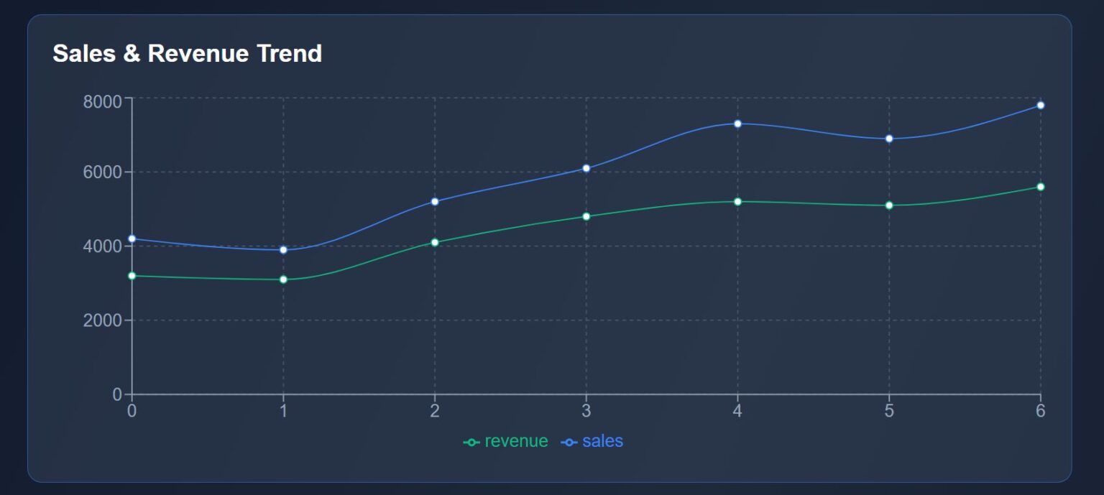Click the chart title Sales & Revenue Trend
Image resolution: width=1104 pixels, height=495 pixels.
(188, 53)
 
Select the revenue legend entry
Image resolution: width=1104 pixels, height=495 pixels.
(506, 441)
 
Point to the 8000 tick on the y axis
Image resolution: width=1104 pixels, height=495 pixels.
(103, 101)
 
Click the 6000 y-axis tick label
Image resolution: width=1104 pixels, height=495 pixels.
(103, 172)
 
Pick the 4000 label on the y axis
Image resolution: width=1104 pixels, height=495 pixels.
(103, 246)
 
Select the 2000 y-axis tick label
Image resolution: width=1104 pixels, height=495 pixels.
(103, 320)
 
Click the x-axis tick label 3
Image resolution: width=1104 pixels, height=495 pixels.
(586, 411)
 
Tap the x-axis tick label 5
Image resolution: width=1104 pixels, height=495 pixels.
(889, 411)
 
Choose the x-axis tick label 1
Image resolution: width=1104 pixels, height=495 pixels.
(283, 411)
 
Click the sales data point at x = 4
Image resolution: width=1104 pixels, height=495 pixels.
(737, 124)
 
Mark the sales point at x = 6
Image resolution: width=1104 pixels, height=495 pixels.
(1040, 105)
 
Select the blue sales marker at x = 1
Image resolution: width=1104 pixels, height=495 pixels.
(283, 250)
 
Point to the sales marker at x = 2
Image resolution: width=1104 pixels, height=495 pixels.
(435, 201)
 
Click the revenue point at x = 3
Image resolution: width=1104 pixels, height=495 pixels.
(586, 216)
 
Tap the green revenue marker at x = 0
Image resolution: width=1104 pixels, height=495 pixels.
(132, 276)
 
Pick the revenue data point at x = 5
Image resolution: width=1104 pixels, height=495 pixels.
(889, 205)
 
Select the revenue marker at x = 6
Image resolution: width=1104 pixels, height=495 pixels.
(1040, 187)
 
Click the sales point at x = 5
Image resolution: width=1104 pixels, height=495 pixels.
(889, 139)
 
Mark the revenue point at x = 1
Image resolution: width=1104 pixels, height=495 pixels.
(283, 279)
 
